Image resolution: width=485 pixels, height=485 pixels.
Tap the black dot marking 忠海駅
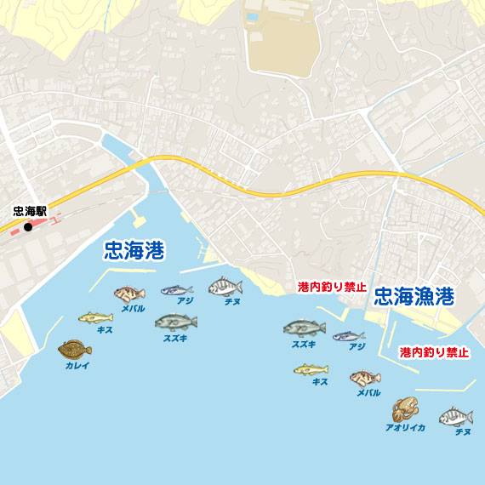(x=28, y=227)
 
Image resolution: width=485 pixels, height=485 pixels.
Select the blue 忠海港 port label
(x=134, y=250)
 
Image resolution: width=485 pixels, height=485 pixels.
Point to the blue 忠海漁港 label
(x=414, y=296)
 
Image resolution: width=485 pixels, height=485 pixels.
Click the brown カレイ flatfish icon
(x=75, y=349)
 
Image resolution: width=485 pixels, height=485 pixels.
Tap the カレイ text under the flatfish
(x=77, y=365)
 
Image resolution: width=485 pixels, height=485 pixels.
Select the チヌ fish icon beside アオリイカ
(x=456, y=417)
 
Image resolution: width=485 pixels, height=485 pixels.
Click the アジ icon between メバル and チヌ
(x=177, y=290)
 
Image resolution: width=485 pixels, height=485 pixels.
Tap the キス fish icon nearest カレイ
(x=95, y=317)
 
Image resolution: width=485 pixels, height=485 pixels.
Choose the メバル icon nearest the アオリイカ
(x=365, y=378)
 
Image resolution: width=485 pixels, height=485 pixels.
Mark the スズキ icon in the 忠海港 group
(x=176, y=322)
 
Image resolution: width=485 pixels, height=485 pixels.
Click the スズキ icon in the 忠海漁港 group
(x=304, y=328)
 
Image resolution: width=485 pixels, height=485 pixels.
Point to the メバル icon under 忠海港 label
(x=130, y=294)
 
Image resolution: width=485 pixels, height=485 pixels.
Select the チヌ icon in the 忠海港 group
(x=225, y=287)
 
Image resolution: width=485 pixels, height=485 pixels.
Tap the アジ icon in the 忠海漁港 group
(x=349, y=336)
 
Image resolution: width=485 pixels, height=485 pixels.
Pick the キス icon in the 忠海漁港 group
(x=311, y=369)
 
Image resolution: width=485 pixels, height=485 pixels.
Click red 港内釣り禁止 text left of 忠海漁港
(x=332, y=287)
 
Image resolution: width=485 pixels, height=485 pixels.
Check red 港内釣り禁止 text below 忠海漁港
(x=434, y=351)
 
